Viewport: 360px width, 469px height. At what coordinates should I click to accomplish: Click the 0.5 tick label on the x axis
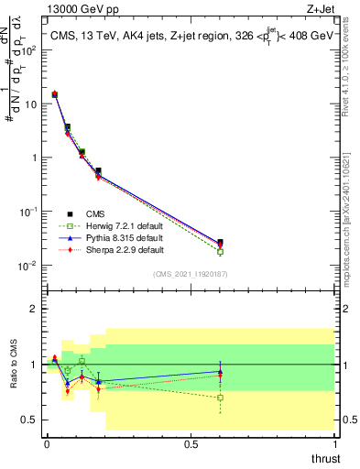coord(191,444)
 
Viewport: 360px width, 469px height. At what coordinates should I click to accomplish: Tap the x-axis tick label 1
coord(335,444)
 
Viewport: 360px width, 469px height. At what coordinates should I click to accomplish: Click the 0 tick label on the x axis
coord(47,444)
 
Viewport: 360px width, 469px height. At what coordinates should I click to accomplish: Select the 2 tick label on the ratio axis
coord(33,309)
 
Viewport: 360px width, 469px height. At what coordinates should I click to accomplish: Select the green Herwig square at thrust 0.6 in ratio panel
coord(220,398)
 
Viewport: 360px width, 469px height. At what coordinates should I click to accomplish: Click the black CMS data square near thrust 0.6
coord(220,243)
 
